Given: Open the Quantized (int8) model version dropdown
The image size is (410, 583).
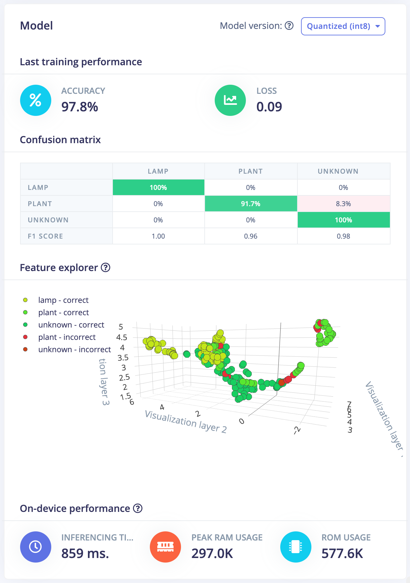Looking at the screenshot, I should (343, 26).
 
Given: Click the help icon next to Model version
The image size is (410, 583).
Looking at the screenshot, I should (289, 26).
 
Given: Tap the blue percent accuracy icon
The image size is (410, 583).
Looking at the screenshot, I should (36, 100).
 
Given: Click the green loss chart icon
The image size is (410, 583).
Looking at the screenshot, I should (230, 100).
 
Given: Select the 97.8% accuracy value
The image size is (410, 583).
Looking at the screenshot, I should (80, 107).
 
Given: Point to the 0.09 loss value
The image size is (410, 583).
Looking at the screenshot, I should (269, 107).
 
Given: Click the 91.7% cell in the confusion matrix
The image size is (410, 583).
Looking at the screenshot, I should (251, 204).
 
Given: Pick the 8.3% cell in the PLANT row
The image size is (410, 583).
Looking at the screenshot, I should (343, 204).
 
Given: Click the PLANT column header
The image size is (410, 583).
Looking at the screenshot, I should (251, 171).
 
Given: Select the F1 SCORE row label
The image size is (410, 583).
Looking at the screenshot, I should (45, 236).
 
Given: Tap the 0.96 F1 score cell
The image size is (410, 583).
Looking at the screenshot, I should (251, 236).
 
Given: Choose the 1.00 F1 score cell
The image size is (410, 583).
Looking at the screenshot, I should (158, 236).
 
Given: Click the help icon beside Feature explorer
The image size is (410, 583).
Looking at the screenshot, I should (106, 267).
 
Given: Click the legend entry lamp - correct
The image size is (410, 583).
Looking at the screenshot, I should (63, 300).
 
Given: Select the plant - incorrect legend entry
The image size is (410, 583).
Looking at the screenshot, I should (67, 337).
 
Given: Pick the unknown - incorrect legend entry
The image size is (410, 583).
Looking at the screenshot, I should (75, 350).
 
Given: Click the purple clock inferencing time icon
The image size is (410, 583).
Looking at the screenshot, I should (36, 547).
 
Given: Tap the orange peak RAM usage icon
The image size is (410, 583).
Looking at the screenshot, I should (165, 547).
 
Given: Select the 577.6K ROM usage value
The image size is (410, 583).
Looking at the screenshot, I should (342, 553).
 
